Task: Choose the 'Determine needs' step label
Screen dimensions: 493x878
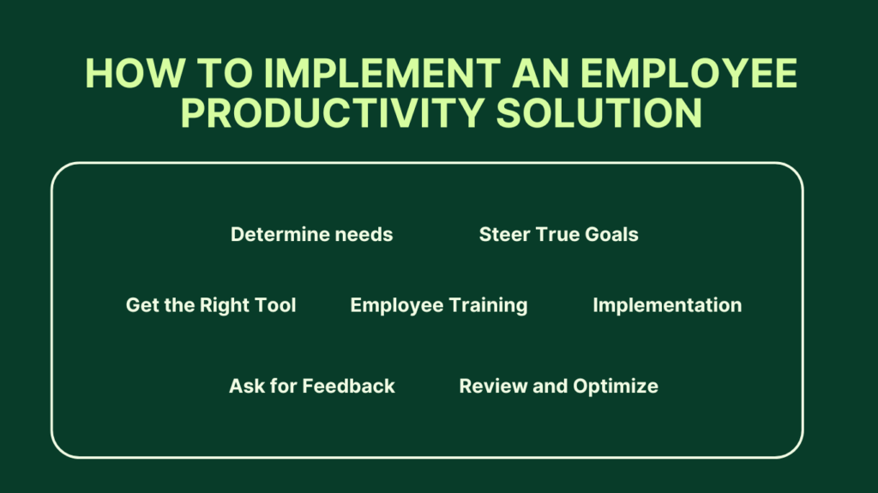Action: click(311, 234)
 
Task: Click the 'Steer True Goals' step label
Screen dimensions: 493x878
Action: click(558, 234)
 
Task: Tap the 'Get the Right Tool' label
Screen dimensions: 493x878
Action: click(211, 305)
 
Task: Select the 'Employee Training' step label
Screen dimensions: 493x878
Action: click(439, 305)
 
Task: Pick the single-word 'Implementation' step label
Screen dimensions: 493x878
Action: click(667, 305)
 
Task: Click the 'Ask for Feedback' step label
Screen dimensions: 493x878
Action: click(311, 386)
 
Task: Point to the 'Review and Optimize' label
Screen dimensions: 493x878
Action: click(558, 386)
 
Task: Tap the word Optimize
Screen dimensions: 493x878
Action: click(615, 387)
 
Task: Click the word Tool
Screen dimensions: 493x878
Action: click(276, 305)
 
